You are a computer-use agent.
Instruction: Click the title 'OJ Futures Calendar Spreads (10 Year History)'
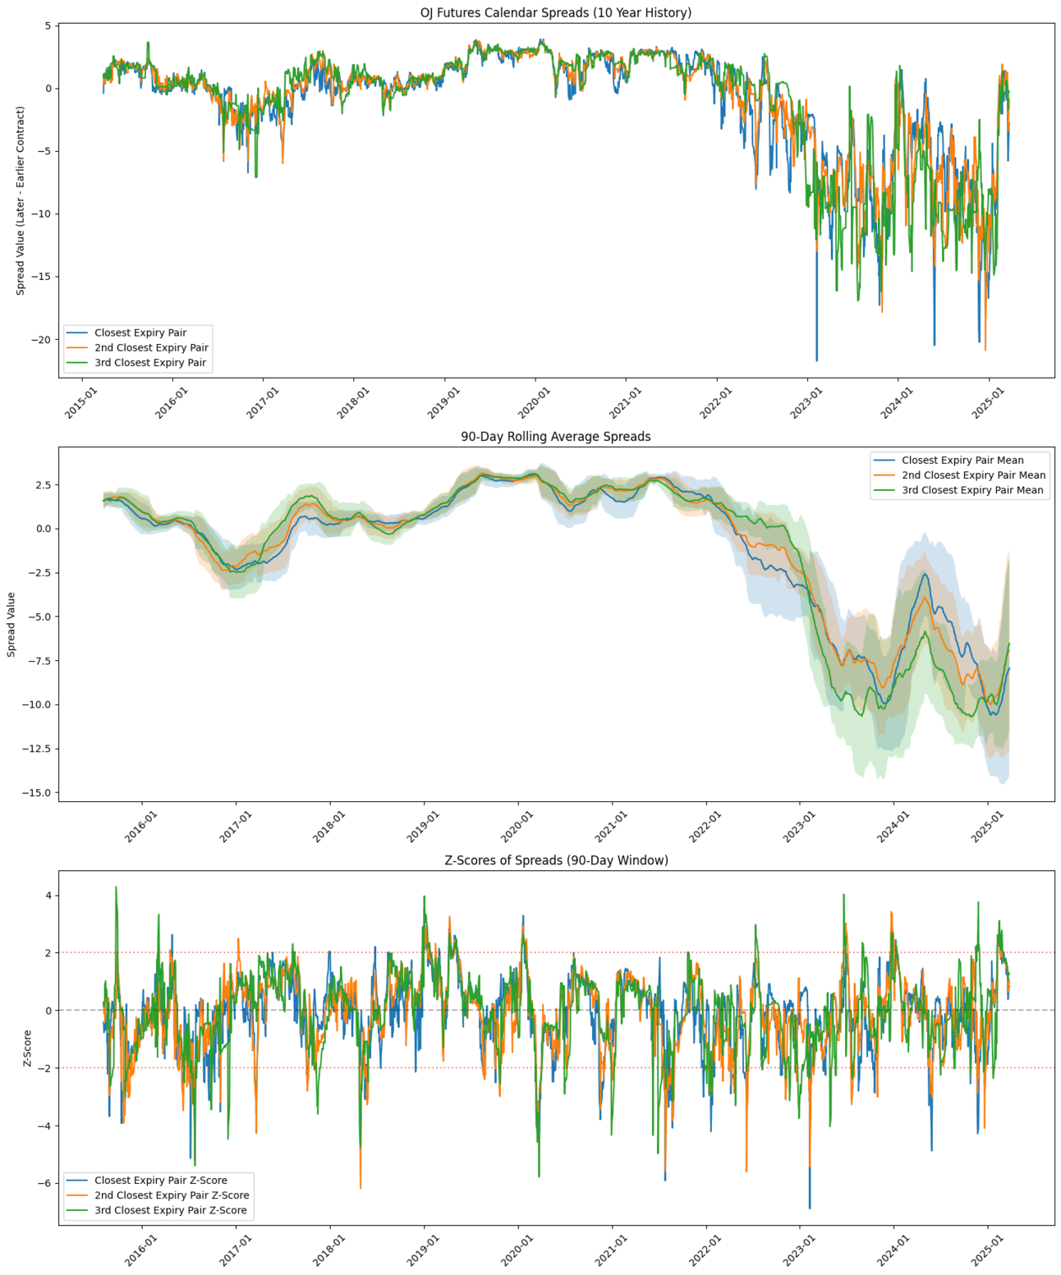click(555, 12)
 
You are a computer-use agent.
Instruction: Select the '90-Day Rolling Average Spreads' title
click(555, 437)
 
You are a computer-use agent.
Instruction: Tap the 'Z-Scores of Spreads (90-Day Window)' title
click(556, 860)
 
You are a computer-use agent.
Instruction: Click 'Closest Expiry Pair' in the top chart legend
click(140, 333)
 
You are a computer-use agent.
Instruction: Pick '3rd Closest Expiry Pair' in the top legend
click(150, 362)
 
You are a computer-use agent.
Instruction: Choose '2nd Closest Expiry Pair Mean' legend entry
click(973, 475)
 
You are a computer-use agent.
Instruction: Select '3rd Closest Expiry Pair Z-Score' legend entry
click(170, 1210)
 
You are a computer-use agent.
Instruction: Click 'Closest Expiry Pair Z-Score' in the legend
click(160, 1181)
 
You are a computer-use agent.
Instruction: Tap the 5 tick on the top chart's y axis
click(48, 26)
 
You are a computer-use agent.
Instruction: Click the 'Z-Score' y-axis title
click(27, 1048)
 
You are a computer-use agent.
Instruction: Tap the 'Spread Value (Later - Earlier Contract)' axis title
click(21, 200)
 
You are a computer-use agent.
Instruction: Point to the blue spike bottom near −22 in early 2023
click(816, 360)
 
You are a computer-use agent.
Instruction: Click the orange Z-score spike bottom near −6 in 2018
click(360, 1188)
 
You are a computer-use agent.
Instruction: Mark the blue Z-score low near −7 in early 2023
click(810, 1208)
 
